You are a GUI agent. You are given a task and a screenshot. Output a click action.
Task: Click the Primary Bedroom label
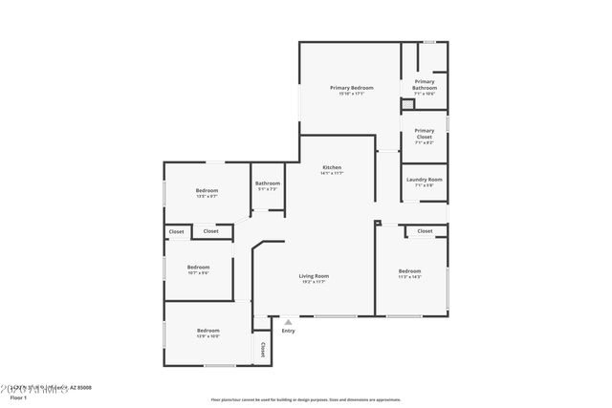[x=351, y=88]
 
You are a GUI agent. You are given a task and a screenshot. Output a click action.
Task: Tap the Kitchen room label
[x=332, y=168]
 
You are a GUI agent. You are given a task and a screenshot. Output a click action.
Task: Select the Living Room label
[x=314, y=276]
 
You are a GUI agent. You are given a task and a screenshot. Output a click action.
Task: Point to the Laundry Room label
[x=424, y=180]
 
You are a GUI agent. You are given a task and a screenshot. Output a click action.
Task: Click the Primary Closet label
[x=424, y=134]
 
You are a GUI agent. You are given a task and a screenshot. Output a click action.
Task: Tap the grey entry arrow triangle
[x=288, y=323]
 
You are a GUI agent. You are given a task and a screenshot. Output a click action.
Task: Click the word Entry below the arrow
[x=288, y=332]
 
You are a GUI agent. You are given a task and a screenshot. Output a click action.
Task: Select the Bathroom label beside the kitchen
[x=268, y=183]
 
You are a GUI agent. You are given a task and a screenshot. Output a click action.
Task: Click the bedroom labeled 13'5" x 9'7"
[x=208, y=190]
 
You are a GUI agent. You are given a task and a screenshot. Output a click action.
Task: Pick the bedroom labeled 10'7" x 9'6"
[x=198, y=267]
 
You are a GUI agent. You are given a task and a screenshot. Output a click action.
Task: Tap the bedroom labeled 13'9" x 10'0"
[x=208, y=330]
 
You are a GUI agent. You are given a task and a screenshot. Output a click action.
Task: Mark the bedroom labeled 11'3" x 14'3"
[x=409, y=271]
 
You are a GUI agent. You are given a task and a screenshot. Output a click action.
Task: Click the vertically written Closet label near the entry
[x=261, y=350]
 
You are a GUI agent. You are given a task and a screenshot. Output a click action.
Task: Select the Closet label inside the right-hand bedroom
[x=425, y=231]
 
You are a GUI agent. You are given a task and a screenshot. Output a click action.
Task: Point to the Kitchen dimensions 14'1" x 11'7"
[x=332, y=174]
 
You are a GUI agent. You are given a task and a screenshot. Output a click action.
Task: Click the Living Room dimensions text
[x=314, y=282]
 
